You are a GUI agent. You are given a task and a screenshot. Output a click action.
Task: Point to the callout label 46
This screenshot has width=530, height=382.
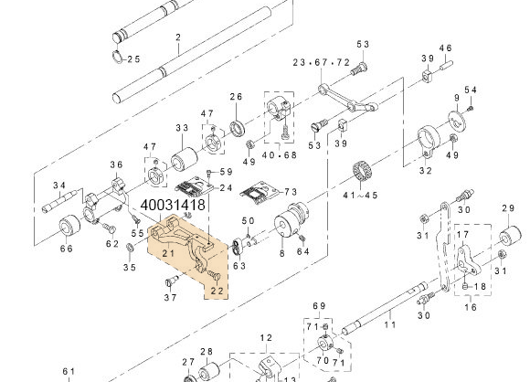click(446, 48)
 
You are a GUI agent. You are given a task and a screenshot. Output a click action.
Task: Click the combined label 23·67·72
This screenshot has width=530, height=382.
click(321, 62)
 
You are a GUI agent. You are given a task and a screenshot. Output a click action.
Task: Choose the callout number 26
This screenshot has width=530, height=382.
click(236, 98)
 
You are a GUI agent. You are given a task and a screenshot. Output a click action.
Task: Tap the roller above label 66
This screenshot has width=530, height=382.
click(68, 226)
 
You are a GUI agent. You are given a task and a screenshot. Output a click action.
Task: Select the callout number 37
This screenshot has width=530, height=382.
click(170, 298)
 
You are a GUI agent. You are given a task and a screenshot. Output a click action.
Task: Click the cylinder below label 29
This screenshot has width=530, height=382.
click(503, 245)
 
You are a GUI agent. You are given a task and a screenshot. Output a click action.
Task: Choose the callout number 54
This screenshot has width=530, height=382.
click(471, 90)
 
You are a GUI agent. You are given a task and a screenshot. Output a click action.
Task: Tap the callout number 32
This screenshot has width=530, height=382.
click(425, 170)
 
